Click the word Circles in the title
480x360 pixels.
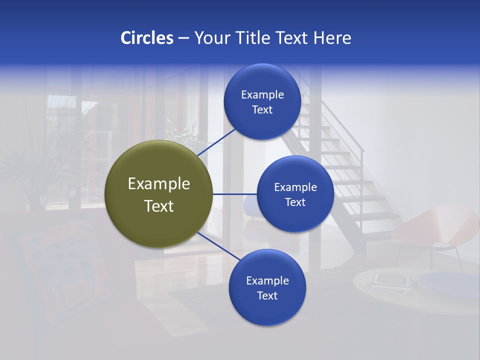click(x=146, y=37)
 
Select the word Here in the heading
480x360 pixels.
click(x=332, y=37)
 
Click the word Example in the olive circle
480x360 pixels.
click(x=158, y=184)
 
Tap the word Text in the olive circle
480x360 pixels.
click(x=158, y=206)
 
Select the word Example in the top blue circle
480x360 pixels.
click(x=262, y=94)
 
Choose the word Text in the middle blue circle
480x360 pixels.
click(x=295, y=202)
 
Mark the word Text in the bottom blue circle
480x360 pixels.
click(x=267, y=295)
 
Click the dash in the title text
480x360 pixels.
click(x=183, y=38)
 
